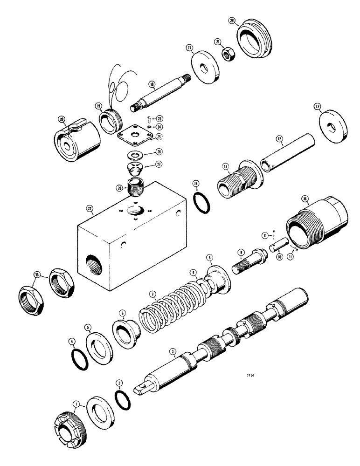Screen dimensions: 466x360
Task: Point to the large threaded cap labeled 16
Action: click(x=318, y=224)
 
